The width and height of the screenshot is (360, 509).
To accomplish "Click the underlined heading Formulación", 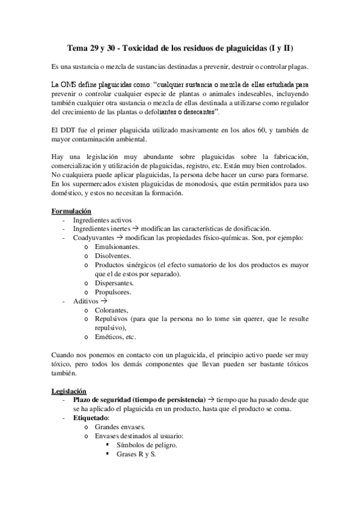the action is point(72,211).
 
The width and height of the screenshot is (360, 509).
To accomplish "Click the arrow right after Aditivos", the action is point(103,301).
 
